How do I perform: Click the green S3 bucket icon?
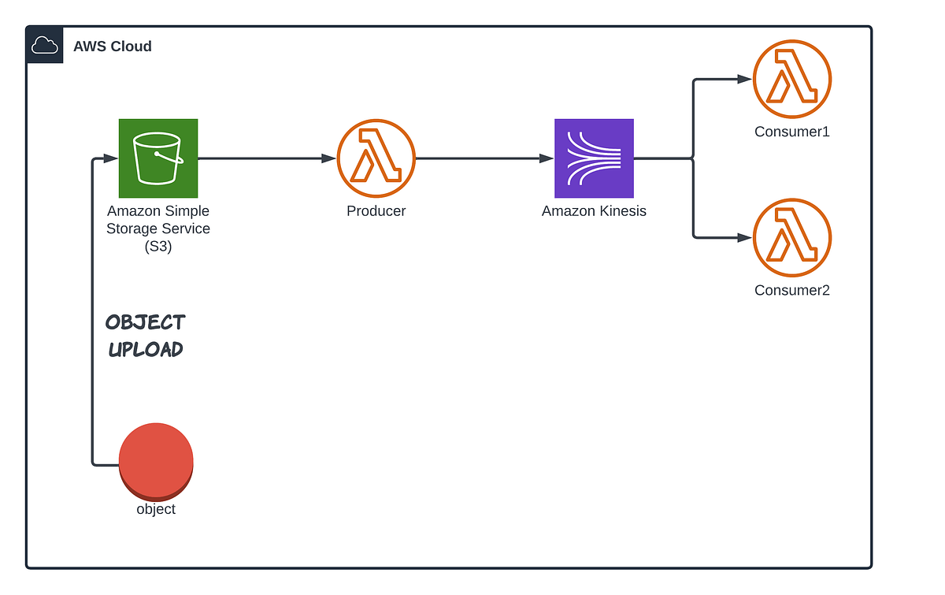tap(158, 158)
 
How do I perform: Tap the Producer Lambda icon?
tap(376, 158)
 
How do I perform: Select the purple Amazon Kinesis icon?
tap(594, 158)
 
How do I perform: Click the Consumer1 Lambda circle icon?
tap(791, 79)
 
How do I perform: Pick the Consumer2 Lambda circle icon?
tap(791, 237)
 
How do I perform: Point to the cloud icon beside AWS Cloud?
tap(45, 46)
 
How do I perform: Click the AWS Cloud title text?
tap(113, 46)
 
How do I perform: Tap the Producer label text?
tap(376, 211)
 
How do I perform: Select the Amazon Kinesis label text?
tap(594, 211)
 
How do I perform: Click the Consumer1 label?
tap(792, 132)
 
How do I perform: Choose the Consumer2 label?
tap(792, 290)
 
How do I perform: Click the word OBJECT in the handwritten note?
tap(146, 322)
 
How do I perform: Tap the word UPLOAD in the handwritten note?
tap(146, 349)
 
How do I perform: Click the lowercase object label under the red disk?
tap(156, 509)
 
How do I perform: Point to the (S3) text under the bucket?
tap(158, 247)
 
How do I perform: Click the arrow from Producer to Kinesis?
tap(484, 158)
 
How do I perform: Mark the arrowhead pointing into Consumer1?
tap(745, 79)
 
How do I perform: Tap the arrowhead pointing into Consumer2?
tap(745, 237)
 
